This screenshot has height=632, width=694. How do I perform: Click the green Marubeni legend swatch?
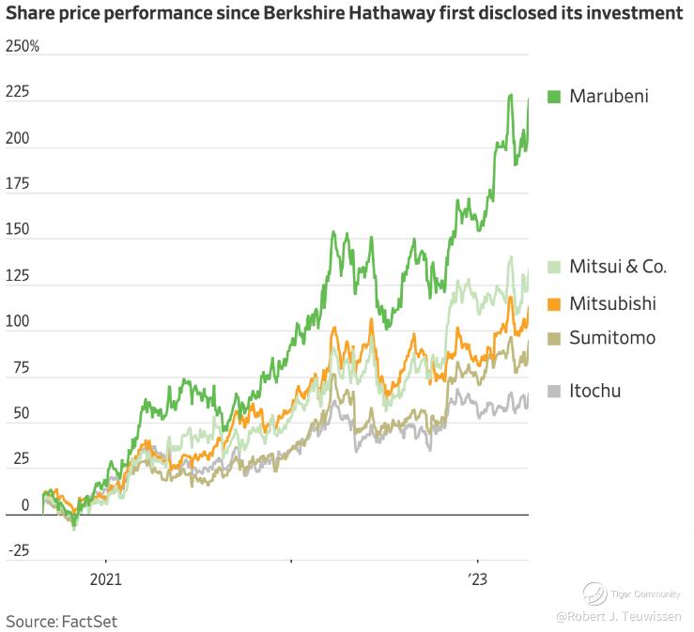[x=553, y=96]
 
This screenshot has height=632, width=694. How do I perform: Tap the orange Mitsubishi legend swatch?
[x=553, y=303]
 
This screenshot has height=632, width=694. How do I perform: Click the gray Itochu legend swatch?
[x=553, y=391]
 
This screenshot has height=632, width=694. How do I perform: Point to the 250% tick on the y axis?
[x=23, y=46]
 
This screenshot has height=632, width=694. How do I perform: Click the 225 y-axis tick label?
[x=18, y=92]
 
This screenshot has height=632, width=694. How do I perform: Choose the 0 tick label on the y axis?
[x=11, y=505]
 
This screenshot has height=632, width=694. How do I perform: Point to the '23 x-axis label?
[x=480, y=579]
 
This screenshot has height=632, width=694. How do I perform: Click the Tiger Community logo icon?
[x=594, y=593]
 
